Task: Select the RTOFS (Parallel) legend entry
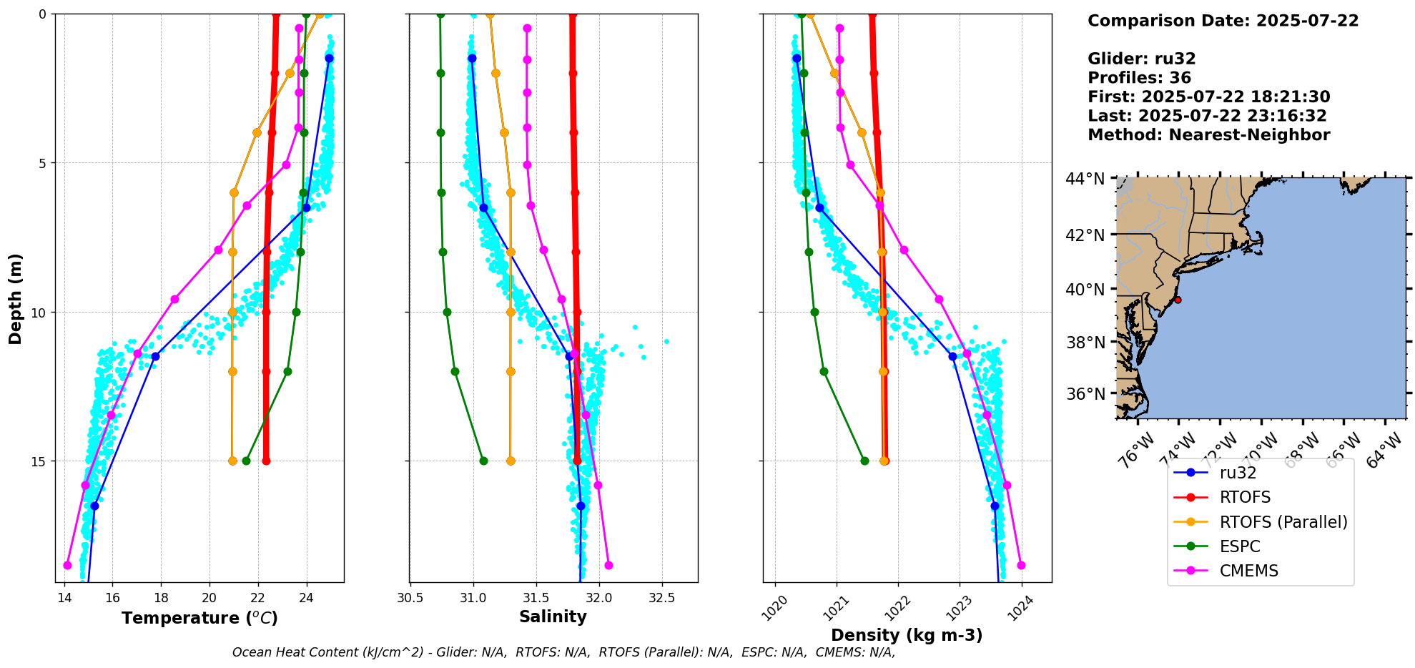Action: [x=1283, y=522]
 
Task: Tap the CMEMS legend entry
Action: [x=1248, y=571]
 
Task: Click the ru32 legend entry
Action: [x=1238, y=473]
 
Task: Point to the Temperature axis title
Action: [x=199, y=618]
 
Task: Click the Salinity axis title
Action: [x=553, y=617]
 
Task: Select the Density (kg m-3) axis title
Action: [x=907, y=635]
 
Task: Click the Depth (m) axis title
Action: [x=16, y=298]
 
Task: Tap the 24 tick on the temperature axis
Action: [x=307, y=598]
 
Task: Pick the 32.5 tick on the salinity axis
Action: [x=661, y=598]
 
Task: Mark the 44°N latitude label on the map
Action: [x=1085, y=179]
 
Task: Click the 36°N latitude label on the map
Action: [x=1085, y=394]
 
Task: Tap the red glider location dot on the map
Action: [x=1178, y=300]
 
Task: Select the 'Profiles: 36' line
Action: [x=1139, y=78]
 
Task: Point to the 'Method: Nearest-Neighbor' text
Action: [x=1208, y=134]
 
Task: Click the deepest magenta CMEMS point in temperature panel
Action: [x=68, y=565]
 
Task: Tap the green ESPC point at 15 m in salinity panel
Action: [x=483, y=461]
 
